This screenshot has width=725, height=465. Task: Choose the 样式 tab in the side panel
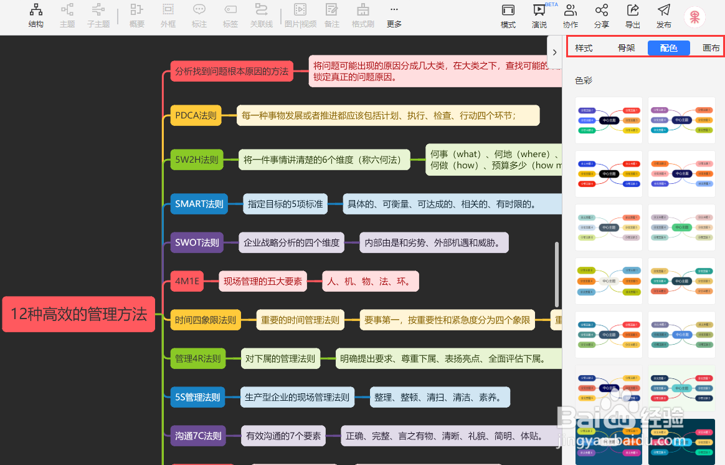pos(584,48)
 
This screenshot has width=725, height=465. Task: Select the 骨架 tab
pos(626,48)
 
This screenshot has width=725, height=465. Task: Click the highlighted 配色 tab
pos(668,48)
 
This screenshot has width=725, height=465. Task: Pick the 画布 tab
pos(711,48)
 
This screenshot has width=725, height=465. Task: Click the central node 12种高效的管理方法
pos(78,314)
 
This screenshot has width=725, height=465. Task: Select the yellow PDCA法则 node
pos(196,115)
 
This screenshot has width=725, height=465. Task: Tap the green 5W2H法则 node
pos(197,160)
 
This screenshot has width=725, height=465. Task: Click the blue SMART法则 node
pos(199,204)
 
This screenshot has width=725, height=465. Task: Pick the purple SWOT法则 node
pos(197,242)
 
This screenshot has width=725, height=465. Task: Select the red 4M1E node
pos(187,281)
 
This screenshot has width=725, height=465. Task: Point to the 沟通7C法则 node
pos(198,436)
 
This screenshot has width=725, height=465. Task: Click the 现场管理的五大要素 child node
pos(263,281)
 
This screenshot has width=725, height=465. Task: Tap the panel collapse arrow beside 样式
pos(554,52)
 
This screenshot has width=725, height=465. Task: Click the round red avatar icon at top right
pos(694,17)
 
